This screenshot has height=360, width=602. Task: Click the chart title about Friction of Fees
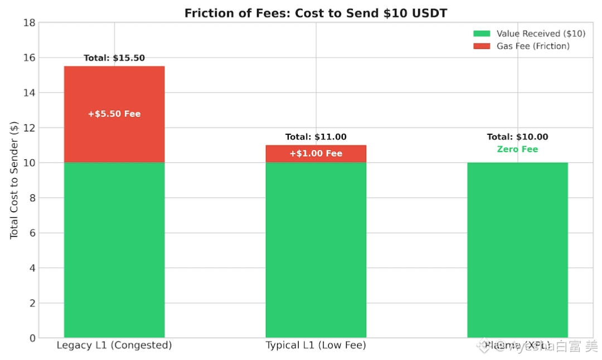point(315,13)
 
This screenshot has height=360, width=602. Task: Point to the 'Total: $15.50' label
point(114,58)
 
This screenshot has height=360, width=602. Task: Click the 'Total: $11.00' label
point(315,137)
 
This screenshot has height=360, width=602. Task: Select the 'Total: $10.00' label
point(517,137)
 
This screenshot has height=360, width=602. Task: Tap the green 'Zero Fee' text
point(517,149)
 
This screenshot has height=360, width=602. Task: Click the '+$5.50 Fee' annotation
point(114,114)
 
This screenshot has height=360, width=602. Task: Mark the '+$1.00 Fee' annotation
point(315,154)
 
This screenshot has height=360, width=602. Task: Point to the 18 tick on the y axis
point(29,23)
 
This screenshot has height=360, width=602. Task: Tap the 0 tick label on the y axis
point(32,338)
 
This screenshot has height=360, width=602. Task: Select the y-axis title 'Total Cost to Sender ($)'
point(14,180)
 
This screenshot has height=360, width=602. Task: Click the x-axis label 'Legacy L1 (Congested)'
point(114,346)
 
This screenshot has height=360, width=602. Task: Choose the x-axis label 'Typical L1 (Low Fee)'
point(315,346)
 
